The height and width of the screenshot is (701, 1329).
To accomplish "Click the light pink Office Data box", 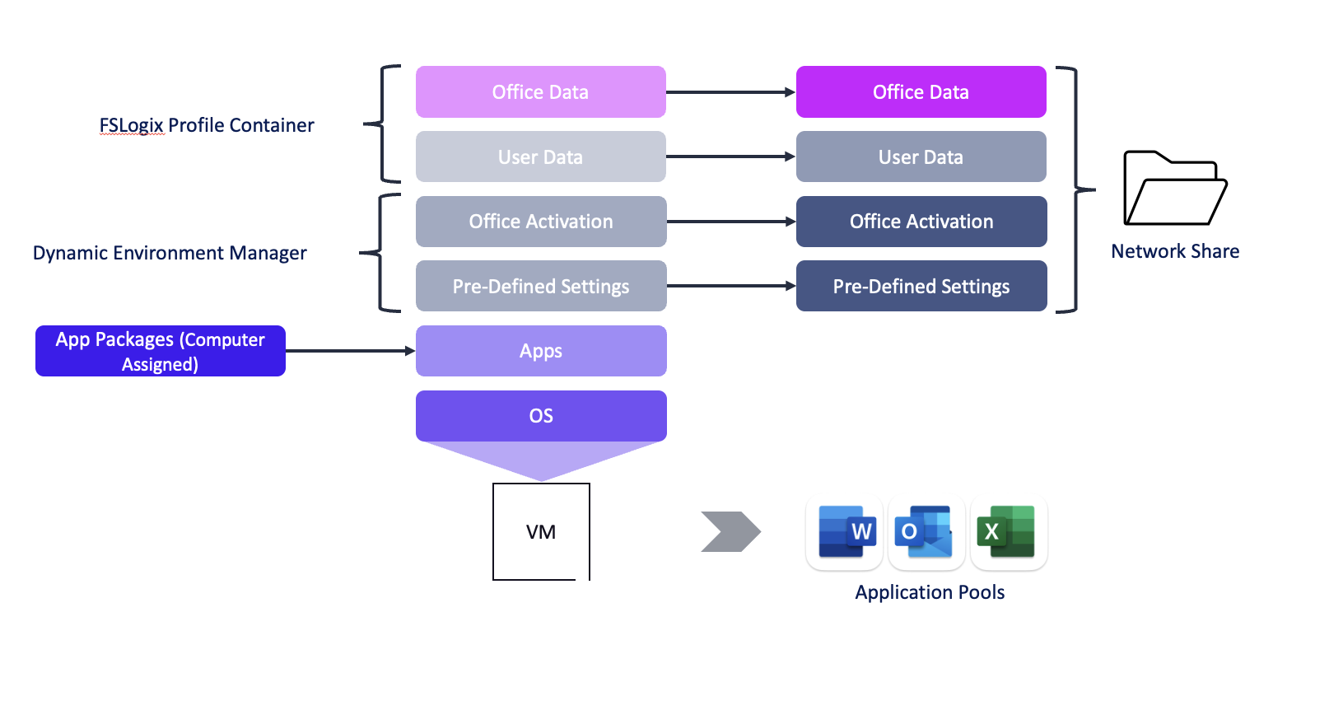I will click(x=540, y=91).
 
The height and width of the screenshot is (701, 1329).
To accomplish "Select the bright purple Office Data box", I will click(x=921, y=91).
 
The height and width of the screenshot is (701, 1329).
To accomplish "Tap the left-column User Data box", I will click(x=540, y=157).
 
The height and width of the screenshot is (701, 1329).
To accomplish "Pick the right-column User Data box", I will click(x=921, y=157).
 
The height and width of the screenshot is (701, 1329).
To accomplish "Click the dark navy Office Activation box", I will click(x=921, y=221).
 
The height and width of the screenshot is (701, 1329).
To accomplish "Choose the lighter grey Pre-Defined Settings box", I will click(x=540, y=286).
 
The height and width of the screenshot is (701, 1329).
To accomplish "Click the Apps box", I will click(x=540, y=351).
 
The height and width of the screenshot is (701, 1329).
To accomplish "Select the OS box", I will click(x=540, y=415).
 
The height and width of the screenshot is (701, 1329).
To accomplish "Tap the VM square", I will click(x=541, y=531).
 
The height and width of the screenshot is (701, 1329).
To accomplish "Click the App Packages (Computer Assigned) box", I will click(x=160, y=351).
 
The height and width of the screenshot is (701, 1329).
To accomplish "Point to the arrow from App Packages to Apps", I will click(x=350, y=351).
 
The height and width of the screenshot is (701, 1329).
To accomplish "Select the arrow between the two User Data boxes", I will click(x=730, y=157).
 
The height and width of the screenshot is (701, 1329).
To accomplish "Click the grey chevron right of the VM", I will click(x=730, y=531).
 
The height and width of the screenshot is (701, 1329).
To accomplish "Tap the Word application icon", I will click(x=845, y=532).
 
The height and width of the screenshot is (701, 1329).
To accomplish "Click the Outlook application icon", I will click(x=926, y=532).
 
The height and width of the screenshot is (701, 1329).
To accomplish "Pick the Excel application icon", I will click(x=1007, y=532).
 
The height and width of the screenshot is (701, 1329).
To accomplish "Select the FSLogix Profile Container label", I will click(x=207, y=125).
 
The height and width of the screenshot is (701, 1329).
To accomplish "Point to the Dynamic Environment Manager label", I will click(x=170, y=253).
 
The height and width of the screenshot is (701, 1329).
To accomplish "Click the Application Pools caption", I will click(x=930, y=592).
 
